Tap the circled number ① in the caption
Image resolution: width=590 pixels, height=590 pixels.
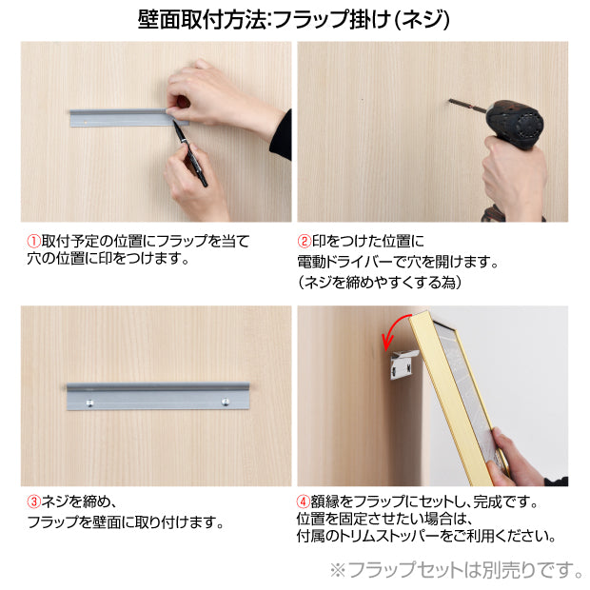coord(32,241)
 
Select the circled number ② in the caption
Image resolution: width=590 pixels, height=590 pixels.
coord(305,242)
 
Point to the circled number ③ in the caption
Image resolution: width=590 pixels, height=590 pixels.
coord(32,501)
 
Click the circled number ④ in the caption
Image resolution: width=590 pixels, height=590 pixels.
coord(305,501)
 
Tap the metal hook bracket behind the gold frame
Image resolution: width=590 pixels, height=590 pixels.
coord(403,365)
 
